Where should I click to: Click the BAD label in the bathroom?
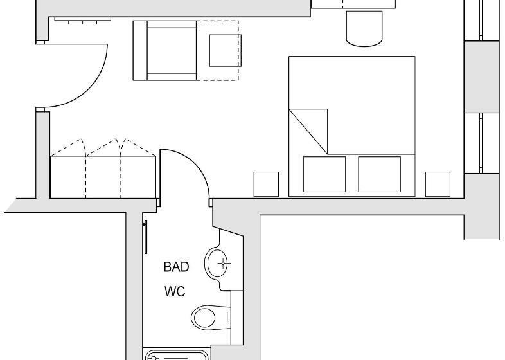(x=176, y=267)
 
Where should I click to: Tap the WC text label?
(x=175, y=291)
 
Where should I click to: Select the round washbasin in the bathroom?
(x=217, y=264)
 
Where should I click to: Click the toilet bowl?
(x=204, y=318)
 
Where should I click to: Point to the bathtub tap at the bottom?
(x=154, y=357)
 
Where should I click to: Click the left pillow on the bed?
(x=324, y=174)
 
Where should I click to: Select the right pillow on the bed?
(x=380, y=174)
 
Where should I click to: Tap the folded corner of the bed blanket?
(x=308, y=132)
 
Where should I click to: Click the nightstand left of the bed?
(x=266, y=184)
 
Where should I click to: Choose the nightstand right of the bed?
(x=438, y=184)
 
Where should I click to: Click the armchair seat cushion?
(x=172, y=50)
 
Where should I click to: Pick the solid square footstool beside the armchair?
(x=225, y=51)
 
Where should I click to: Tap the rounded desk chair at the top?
(x=364, y=28)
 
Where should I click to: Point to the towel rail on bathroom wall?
(x=146, y=237)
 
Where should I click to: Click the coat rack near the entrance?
(x=82, y=20)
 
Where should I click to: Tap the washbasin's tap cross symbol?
(x=223, y=264)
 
